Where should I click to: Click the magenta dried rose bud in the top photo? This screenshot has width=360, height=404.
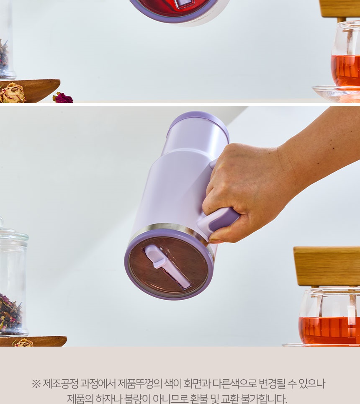pos(63,98)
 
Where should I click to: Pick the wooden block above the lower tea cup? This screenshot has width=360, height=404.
pos(327,266)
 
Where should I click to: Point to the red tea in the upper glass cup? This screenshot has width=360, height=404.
pos(346,70)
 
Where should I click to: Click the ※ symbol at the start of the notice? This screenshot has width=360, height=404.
pos(36,384)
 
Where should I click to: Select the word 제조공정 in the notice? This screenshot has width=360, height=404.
pos(60,383)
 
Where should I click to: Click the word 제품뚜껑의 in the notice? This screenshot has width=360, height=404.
pos(140,383)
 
